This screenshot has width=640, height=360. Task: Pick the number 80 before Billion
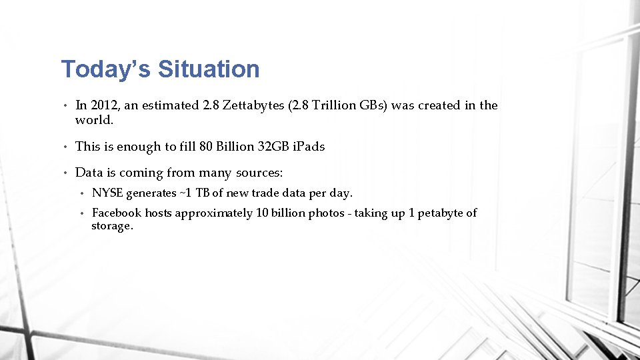pos(206,147)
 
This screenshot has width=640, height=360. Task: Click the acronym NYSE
pos(107,193)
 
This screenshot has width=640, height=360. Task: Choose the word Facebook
pos(117,213)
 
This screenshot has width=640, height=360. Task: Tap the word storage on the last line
pos(112,227)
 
